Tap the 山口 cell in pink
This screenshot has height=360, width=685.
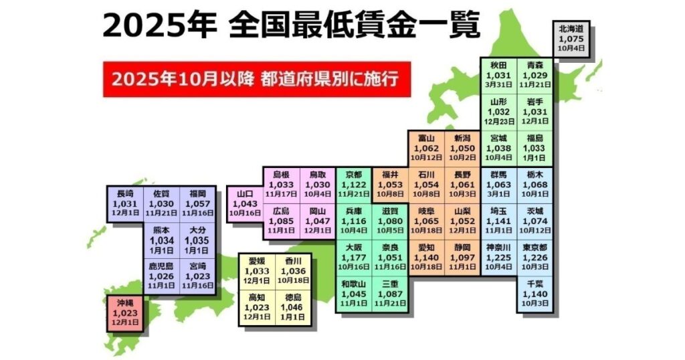click(245, 202)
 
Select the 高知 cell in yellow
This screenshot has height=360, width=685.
click(258, 306)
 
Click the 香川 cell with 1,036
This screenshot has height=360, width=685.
click(293, 270)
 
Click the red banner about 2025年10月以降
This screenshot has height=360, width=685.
click(256, 79)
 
